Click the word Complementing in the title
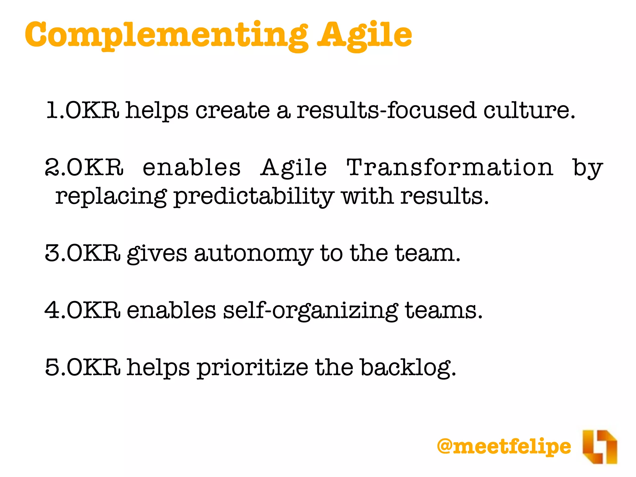point(166,35)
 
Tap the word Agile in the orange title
point(365,35)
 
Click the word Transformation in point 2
point(449,168)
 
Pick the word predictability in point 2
point(253,197)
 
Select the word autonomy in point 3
point(253,254)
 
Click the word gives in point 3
point(157,254)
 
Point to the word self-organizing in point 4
point(310,311)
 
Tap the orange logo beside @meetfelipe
point(599,447)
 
